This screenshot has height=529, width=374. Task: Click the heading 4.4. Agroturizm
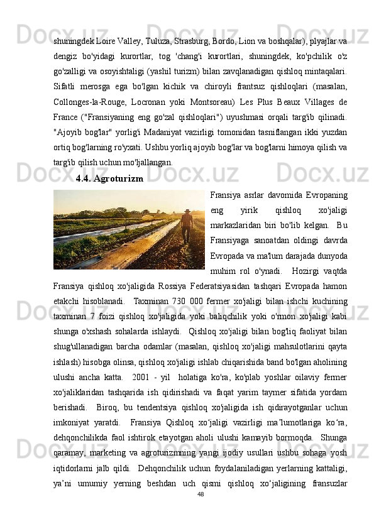[x=109, y=178]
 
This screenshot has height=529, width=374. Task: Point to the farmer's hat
[x=186, y=212]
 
